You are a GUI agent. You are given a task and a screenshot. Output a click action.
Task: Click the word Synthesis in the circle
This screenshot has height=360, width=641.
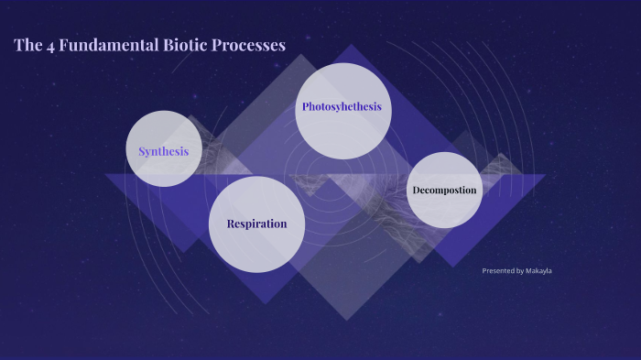(163, 151)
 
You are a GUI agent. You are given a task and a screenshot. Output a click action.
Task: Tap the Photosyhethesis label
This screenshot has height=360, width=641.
(342, 107)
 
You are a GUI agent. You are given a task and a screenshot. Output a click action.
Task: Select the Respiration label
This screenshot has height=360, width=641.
(256, 224)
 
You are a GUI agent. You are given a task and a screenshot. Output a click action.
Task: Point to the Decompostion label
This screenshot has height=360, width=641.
(444, 191)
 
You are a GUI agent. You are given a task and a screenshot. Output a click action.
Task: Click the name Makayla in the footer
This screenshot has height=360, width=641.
(539, 271)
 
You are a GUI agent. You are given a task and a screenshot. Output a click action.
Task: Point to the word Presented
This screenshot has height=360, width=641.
(498, 271)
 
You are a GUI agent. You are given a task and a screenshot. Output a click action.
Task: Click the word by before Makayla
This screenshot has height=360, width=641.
(520, 271)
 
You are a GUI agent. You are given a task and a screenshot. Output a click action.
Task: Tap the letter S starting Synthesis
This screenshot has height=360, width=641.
(142, 151)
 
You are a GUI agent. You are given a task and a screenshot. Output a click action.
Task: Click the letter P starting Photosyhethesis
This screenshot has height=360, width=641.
(305, 107)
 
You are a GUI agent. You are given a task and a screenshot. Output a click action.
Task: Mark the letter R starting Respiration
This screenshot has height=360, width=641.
(231, 224)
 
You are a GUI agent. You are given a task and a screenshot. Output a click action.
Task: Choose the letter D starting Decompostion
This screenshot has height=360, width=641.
(416, 191)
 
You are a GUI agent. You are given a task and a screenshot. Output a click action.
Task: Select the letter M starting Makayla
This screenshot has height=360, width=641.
(529, 271)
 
